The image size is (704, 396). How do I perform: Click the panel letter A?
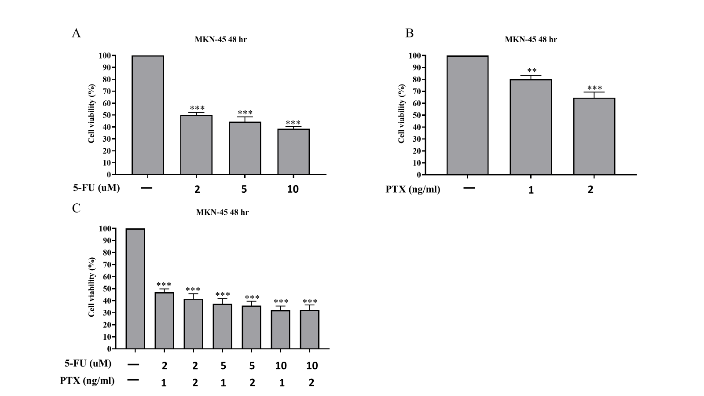[x=76, y=33]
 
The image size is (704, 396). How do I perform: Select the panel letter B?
[x=409, y=33]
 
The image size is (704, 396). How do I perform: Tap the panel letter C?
[x=76, y=208]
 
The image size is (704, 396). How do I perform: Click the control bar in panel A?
[x=148, y=115]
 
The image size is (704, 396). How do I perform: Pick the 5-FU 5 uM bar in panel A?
[x=245, y=148]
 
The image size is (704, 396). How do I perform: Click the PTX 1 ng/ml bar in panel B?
[x=531, y=127]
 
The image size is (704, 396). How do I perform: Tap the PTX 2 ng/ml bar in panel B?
[x=594, y=136]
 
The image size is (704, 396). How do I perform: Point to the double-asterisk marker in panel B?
[x=532, y=71]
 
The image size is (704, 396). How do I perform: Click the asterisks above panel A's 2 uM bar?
[x=197, y=108]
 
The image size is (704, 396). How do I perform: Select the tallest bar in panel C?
[x=135, y=289]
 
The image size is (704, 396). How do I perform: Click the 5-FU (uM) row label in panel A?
[x=96, y=188]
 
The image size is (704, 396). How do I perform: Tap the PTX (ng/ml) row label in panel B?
[x=413, y=190]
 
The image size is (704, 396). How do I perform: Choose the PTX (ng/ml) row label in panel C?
[x=87, y=381]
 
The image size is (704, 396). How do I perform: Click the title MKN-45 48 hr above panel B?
[x=531, y=40]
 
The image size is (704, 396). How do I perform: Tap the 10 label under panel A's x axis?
[x=293, y=189]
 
